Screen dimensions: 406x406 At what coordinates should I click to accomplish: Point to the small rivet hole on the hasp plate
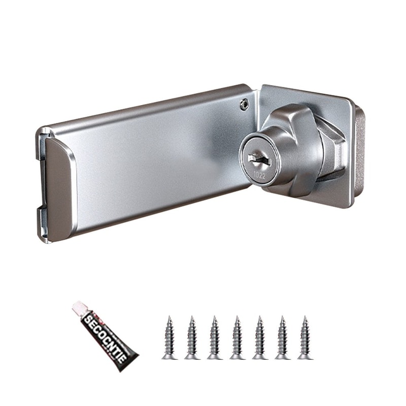tap(245, 104)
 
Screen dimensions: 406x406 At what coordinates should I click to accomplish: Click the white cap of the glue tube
tap(79, 308)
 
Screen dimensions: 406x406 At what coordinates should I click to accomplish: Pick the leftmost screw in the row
tap(170, 337)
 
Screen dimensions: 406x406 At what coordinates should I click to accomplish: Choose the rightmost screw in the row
tap(305, 337)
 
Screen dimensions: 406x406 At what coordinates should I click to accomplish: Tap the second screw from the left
tap(192, 337)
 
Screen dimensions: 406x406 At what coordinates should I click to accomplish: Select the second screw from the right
tap(283, 337)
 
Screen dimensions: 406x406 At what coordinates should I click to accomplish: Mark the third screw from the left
tap(215, 337)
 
